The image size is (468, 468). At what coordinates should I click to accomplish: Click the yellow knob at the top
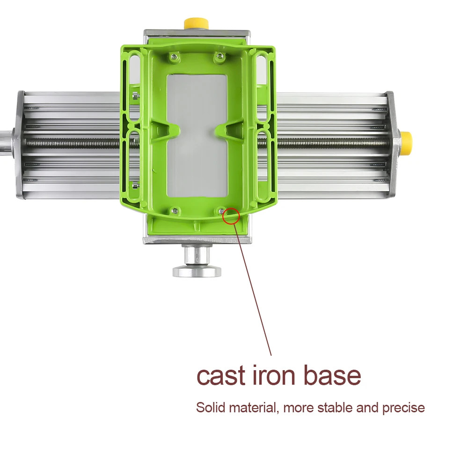[196, 23]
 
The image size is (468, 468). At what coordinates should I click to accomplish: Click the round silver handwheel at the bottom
[197, 271]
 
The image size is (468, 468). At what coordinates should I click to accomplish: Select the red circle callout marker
[231, 216]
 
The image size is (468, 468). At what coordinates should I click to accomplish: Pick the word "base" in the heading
[332, 375]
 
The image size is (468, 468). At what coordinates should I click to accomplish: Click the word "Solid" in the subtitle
[211, 408]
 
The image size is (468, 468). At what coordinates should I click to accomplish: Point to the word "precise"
[403, 408]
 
